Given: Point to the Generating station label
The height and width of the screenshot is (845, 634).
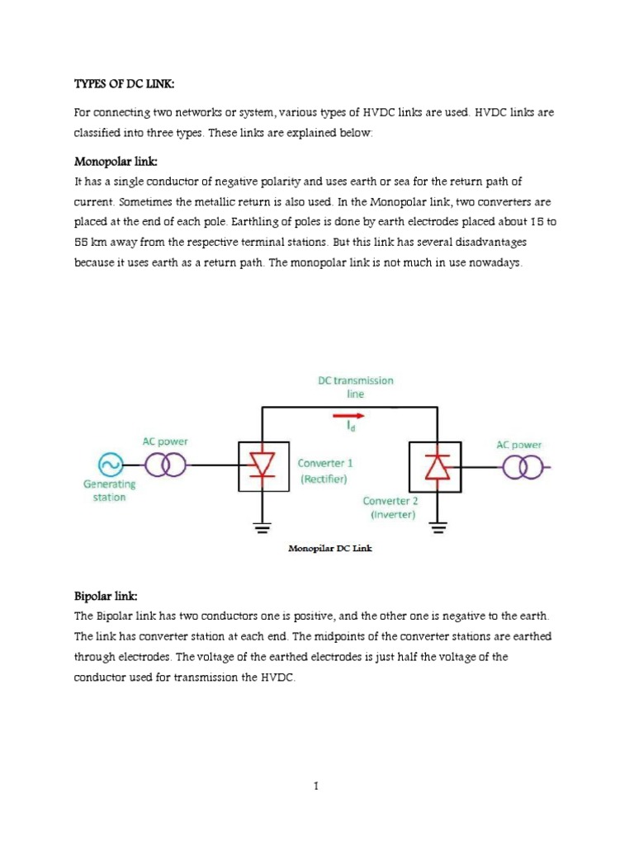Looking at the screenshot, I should (x=109, y=491).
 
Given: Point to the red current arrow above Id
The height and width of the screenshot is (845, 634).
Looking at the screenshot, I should (x=350, y=417).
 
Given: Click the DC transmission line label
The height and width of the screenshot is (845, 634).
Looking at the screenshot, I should (x=355, y=387).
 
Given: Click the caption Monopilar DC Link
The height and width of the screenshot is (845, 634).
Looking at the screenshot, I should (x=329, y=547).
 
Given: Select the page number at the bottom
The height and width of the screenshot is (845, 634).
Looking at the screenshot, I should (x=316, y=786).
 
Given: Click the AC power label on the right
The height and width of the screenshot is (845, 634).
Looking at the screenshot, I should (x=518, y=444).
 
